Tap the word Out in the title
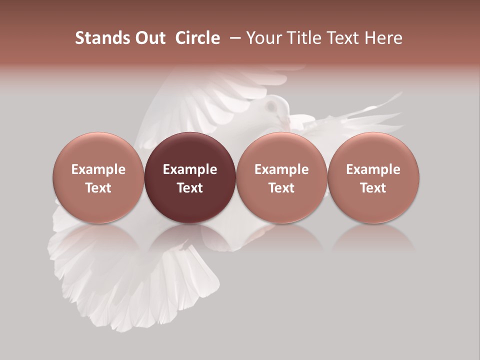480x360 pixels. coord(149,38)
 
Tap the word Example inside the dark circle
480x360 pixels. coord(189,169)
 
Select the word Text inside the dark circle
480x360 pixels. coord(189,188)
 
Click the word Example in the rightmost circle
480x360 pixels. coord(373,169)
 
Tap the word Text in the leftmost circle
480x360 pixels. coord(98,188)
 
